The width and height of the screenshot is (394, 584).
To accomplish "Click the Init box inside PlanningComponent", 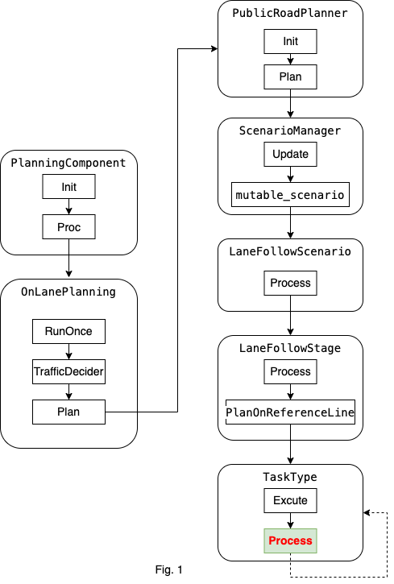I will [x=68, y=187].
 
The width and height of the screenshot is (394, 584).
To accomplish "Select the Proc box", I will [x=68, y=228].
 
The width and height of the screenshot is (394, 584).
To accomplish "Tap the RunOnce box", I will [x=68, y=330].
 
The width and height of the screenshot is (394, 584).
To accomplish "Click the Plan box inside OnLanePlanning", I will [x=68, y=412].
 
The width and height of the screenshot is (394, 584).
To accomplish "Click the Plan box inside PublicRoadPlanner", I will [x=290, y=77].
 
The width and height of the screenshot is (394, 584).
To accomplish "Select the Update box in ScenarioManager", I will [x=290, y=153].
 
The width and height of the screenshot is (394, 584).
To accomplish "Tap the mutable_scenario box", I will [x=290, y=195].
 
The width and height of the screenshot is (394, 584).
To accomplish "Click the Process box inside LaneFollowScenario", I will [x=290, y=283].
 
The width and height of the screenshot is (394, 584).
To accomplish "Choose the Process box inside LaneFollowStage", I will [x=290, y=371].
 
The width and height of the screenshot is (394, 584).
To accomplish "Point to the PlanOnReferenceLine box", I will [x=290, y=412].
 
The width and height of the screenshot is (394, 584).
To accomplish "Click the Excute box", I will [x=290, y=500].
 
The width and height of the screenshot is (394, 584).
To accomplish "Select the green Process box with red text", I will [x=290, y=541].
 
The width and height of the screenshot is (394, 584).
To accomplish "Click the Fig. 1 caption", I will [x=169, y=570].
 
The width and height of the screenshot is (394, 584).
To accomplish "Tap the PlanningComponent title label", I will [x=68, y=164].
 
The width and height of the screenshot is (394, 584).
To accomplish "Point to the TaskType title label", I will [x=290, y=477].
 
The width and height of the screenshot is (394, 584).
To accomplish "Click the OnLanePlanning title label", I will [x=68, y=292].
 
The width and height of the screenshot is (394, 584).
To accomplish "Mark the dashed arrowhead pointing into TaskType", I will [x=367, y=512].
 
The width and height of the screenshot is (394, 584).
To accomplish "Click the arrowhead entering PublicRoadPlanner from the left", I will [x=214, y=50].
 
